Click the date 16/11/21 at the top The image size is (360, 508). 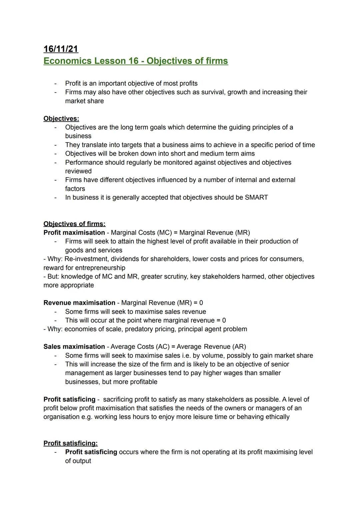click(61, 49)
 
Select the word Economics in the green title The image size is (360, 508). click(67, 61)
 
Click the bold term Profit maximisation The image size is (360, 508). click(74, 233)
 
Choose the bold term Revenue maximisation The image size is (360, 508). click(79, 303)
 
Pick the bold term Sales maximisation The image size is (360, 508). click(74, 347)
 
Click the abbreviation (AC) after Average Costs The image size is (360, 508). click(163, 347)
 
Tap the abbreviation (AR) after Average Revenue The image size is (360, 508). click(239, 347)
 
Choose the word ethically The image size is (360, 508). click(277, 417)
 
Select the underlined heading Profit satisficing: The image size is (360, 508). click(70, 443)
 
